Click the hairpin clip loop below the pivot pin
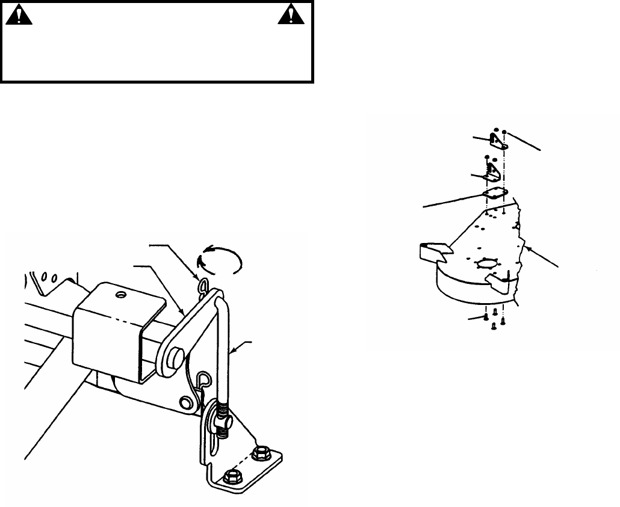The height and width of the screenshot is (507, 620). point(204,380)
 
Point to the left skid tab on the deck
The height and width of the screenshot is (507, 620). point(432,251)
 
